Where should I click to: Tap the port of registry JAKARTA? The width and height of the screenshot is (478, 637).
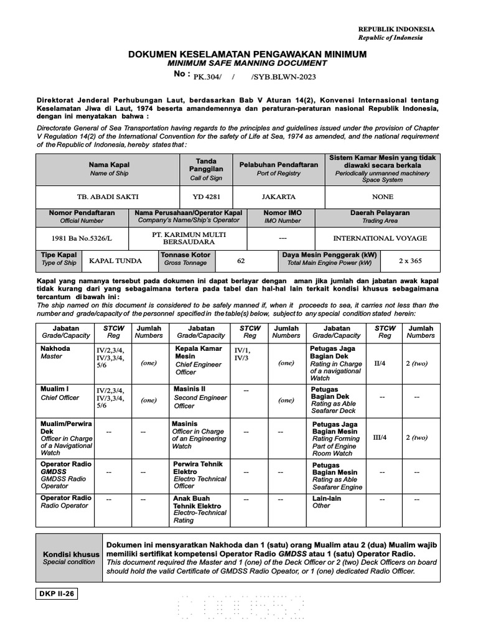pos(278,196)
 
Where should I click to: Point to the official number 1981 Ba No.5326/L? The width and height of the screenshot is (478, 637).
pos(82,238)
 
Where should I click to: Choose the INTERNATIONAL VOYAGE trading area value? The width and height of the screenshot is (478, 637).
pos(380,238)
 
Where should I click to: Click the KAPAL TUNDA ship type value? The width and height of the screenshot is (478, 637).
pos(115,261)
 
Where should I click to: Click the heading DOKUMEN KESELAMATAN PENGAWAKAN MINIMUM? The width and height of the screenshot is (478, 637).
pos(247,55)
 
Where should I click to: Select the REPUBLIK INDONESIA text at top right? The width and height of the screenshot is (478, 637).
pos(396,29)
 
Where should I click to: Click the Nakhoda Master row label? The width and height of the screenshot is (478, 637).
pos(55,352)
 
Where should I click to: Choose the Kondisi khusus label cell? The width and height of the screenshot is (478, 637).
pos(68,557)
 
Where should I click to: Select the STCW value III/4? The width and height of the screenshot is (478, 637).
pos(379,437)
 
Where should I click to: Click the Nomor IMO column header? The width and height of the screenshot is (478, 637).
pos(283,216)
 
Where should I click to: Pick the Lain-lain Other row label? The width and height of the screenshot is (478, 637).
pos(327,501)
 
